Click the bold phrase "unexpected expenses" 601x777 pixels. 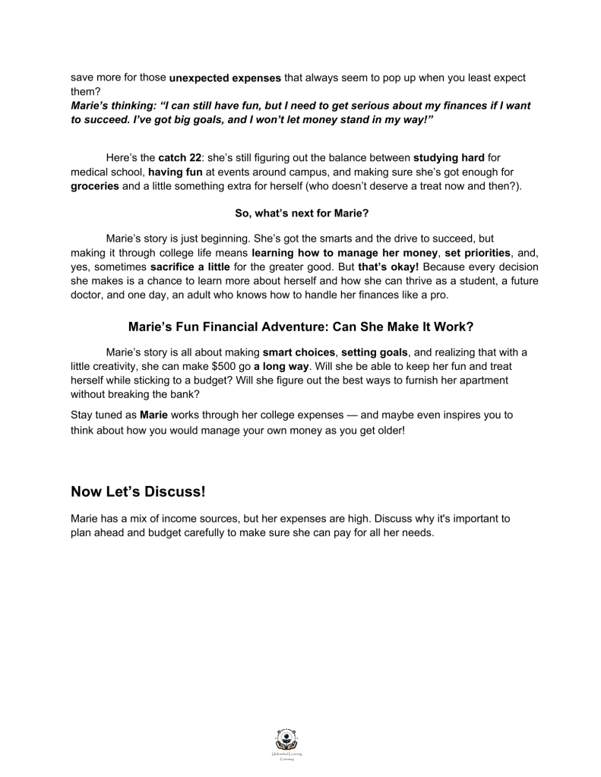click(225, 77)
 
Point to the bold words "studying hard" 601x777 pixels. click(448, 158)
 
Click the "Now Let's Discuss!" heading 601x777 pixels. click(138, 491)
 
